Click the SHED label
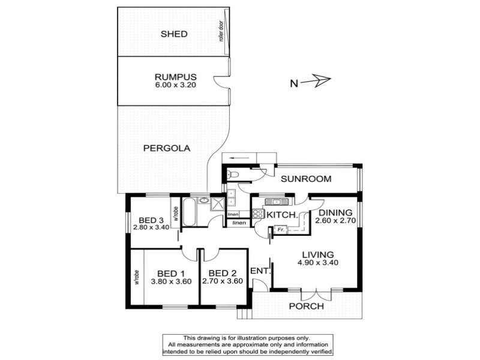tap(174, 34)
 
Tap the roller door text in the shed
tap(221, 31)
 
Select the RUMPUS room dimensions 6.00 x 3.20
tap(175, 85)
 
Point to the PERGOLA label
tap(167, 148)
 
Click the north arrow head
tap(322, 80)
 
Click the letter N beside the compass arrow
tap(294, 83)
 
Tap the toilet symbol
tap(233, 175)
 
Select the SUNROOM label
tap(306, 179)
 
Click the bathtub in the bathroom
tap(189, 212)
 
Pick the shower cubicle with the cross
tap(218, 204)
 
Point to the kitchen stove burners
tap(258, 214)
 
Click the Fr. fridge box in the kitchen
tap(280, 230)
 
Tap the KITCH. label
tap(282, 215)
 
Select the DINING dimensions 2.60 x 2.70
tap(336, 220)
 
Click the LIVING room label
tap(318, 254)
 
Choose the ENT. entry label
tap(260, 271)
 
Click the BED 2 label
tap(223, 273)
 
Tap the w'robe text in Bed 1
tap(137, 277)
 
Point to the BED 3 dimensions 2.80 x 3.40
tap(151, 227)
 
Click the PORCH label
tap(307, 306)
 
